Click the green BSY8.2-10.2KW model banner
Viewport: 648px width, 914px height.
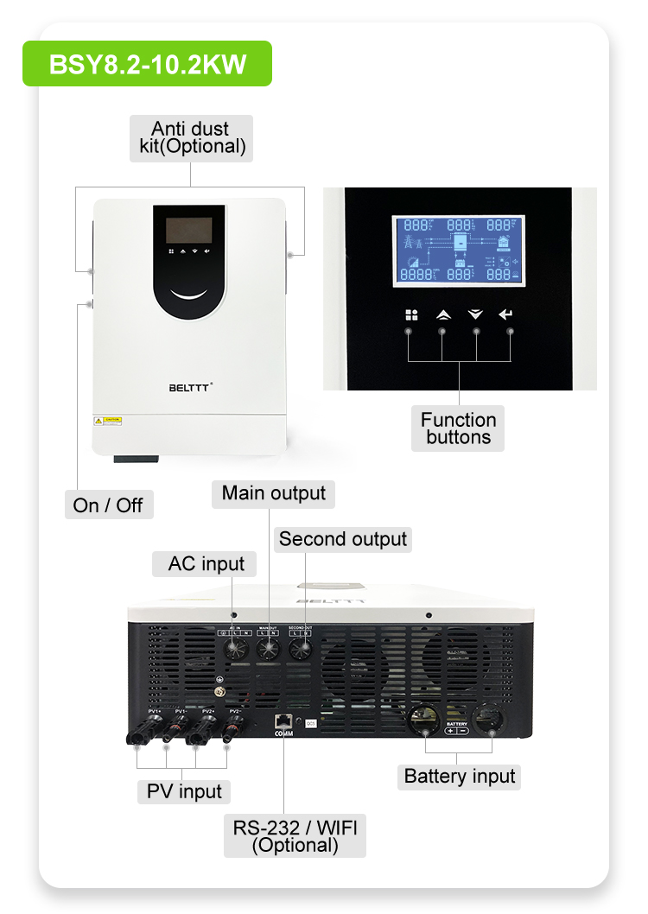coord(147,64)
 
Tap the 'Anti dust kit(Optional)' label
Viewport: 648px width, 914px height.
coord(192,138)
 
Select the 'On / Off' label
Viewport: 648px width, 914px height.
coord(109,505)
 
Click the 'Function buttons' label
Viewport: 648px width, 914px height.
coord(458,428)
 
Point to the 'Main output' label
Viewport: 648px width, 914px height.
coord(273,493)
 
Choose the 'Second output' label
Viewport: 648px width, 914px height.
coord(342,540)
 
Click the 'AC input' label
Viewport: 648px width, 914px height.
coord(206,564)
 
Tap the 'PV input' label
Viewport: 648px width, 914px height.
coord(183,791)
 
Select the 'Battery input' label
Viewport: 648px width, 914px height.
coord(460,777)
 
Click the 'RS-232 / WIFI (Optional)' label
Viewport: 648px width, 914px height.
coord(295,835)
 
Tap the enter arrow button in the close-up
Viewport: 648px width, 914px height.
coord(506,315)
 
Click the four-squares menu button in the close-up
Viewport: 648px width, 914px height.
coord(411,315)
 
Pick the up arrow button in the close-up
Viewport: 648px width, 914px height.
coord(443,315)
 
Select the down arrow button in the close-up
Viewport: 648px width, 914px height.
coord(475,315)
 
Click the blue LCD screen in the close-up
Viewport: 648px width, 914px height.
coord(458,251)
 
